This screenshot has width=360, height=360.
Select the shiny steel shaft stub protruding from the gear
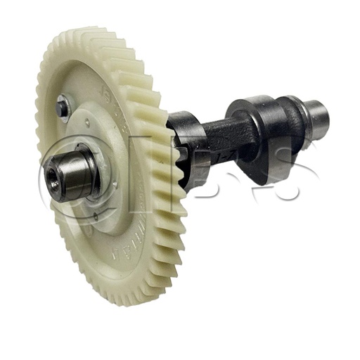[70, 172]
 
